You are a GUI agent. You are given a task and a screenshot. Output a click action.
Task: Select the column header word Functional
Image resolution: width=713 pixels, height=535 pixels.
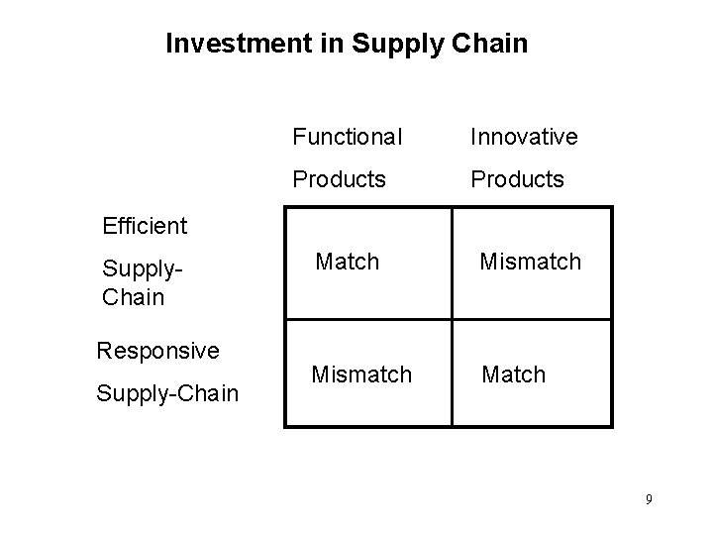pos(347,136)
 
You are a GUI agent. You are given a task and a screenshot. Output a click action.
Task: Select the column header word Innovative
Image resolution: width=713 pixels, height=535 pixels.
pos(524,136)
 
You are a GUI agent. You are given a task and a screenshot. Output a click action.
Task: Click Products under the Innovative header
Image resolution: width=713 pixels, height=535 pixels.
pos(517,180)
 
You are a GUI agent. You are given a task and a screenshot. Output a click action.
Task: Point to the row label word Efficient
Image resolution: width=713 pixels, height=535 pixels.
pos(145,226)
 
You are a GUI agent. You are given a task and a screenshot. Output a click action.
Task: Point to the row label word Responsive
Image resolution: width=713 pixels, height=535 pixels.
pos(157,351)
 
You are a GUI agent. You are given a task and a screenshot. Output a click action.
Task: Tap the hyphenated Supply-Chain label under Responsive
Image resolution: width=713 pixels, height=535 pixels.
pos(167,394)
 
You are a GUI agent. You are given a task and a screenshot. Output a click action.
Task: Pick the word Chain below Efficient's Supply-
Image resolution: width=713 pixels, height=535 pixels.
pos(132,297)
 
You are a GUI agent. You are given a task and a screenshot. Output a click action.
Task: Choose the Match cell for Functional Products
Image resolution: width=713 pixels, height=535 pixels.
pos(348,262)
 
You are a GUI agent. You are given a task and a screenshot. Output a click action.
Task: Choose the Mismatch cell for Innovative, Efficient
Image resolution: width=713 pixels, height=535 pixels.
pos(531,262)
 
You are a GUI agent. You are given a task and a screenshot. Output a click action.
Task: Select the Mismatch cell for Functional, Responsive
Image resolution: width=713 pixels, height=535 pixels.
pos(361,374)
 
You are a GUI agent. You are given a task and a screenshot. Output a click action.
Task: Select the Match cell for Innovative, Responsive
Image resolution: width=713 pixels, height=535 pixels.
pos(513,374)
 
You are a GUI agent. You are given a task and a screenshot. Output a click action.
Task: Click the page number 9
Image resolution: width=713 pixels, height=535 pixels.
pos(649,499)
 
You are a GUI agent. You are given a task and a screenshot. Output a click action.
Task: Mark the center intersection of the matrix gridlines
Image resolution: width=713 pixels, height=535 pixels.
pos(452,320)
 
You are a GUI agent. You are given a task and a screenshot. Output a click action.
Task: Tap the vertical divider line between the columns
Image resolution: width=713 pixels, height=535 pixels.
pos(452,263)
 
